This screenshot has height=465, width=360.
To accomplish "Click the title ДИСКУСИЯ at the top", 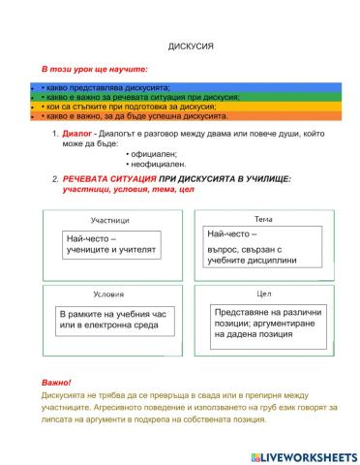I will [183, 46].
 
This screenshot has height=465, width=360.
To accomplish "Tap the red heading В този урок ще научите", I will [93, 71].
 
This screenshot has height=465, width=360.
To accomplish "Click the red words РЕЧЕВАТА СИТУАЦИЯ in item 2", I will [108, 181].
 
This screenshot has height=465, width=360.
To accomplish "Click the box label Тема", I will [263, 218].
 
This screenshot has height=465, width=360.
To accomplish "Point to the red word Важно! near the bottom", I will [57, 384].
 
